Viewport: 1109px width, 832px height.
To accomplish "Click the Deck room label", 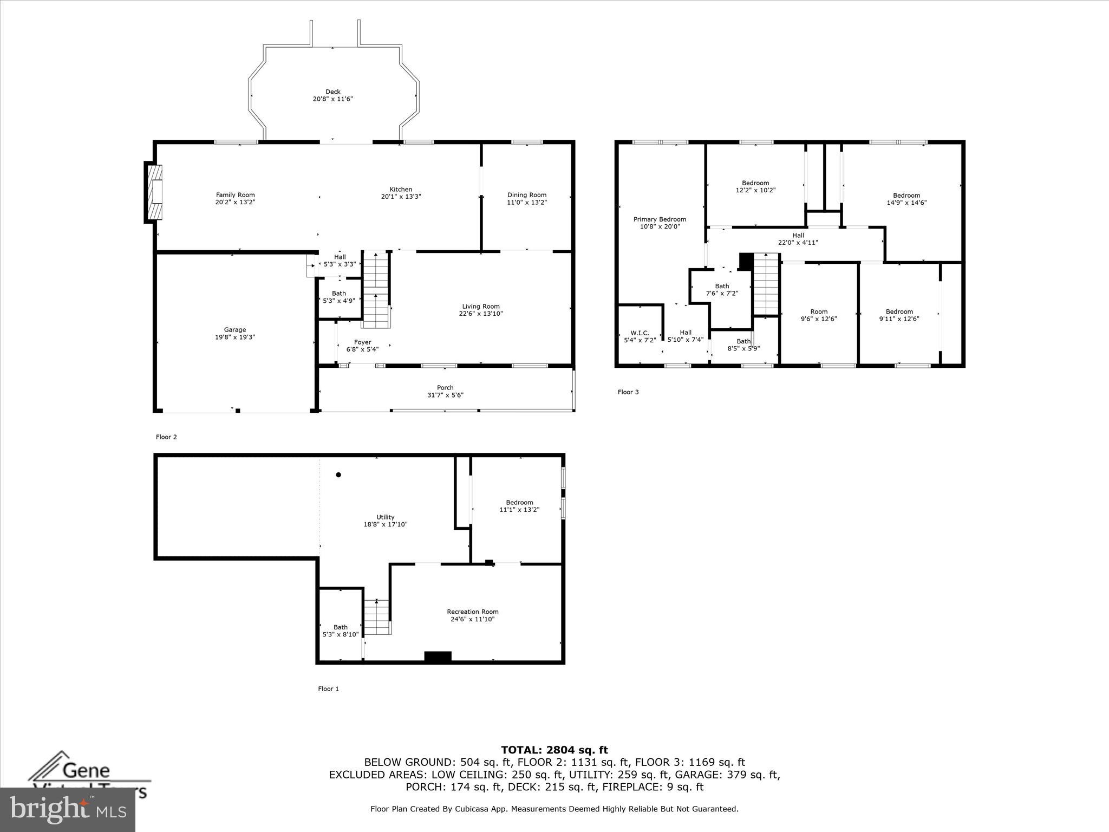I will (332, 92).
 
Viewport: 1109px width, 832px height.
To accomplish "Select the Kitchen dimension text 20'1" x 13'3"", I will (401, 197).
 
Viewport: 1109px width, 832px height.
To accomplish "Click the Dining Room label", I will (526, 195).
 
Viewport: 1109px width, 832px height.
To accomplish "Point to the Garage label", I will (234, 329).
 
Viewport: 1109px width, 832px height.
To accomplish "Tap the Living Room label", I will (480, 307).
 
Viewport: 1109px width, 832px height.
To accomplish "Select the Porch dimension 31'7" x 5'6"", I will (445, 395).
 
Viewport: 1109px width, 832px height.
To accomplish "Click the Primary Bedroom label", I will (660, 219).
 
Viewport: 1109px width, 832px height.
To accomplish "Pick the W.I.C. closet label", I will (639, 333).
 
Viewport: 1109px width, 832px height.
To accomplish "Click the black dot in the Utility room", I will (338, 475).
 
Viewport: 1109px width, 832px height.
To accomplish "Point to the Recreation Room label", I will (472, 612).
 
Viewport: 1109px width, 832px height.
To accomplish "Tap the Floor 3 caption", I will (628, 392).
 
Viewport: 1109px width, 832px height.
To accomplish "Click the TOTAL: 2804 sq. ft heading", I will (554, 750).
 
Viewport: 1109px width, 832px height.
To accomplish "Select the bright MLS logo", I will (68, 809).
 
